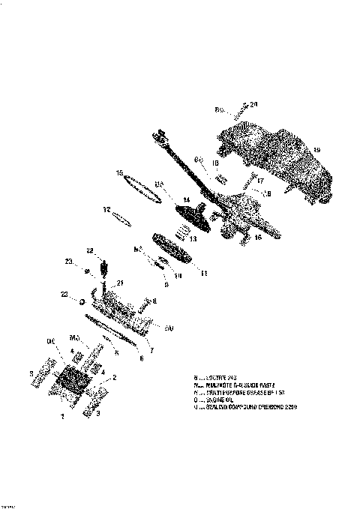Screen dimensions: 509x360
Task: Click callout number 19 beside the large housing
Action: pos(316,151)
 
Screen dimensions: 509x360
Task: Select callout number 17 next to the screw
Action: pos(262,181)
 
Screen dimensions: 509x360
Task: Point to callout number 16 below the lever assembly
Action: pos(259,237)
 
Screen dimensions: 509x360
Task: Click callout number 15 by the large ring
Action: pos(118,173)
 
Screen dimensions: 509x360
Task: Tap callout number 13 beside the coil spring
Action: pos(193,239)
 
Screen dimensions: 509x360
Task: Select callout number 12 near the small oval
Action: pos(107,209)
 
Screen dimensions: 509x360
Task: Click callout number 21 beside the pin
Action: pos(119,283)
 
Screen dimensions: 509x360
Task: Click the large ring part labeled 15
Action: pos(142,187)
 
